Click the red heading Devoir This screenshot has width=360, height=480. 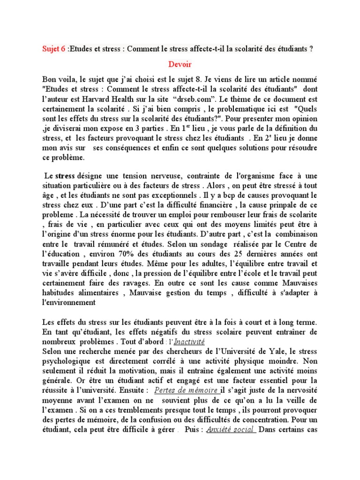coord(180,64)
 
